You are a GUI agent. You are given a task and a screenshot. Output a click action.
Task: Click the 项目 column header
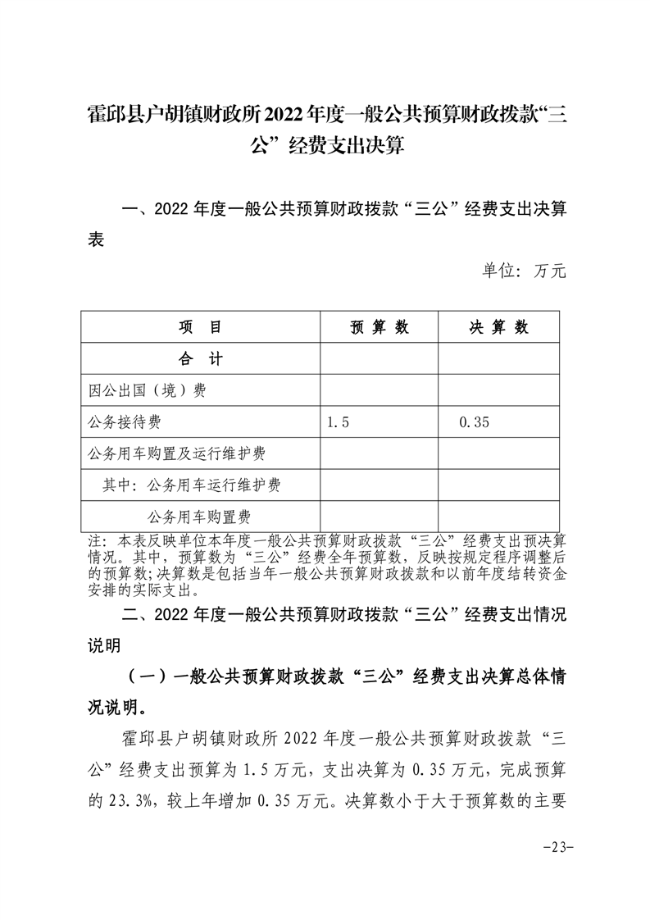click(x=200, y=327)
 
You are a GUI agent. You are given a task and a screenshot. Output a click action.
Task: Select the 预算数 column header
click(x=379, y=327)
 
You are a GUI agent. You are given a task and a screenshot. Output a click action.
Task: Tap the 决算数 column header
click(x=498, y=327)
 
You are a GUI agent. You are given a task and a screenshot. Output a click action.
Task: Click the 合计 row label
click(x=200, y=359)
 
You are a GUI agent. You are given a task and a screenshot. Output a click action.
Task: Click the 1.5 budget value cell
click(x=338, y=422)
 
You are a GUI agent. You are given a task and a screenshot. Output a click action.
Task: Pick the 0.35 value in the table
click(x=475, y=422)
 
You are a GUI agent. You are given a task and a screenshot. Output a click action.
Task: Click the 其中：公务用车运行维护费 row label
click(x=192, y=485)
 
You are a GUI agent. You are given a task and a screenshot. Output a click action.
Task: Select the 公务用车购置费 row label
click(x=199, y=516)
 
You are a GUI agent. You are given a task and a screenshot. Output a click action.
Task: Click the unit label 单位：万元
click(x=524, y=271)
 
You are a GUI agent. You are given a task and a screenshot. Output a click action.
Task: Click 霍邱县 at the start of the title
click(x=109, y=114)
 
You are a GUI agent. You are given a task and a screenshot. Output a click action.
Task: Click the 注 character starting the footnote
click(x=95, y=542)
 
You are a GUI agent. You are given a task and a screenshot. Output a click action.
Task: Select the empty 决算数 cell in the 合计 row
click(x=498, y=359)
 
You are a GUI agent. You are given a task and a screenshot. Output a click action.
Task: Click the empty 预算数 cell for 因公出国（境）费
click(x=379, y=391)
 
